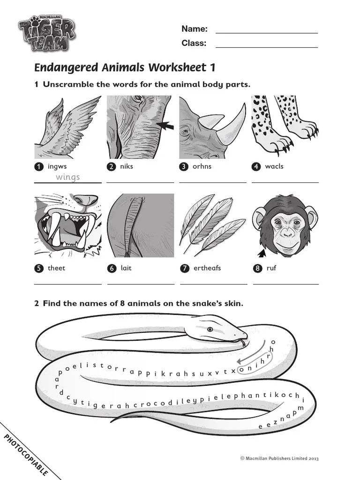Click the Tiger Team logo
46,33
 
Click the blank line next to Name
267,33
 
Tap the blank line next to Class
267,47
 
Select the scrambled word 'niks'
127,166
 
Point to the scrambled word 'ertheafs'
207,268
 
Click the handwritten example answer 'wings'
67,177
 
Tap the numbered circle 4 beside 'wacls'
256,166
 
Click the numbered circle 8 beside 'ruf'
257,269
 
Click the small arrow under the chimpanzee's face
262,253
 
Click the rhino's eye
185,132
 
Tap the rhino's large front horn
232,126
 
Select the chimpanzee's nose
287,234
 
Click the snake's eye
210,330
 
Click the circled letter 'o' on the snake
241,370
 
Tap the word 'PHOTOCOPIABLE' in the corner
26,455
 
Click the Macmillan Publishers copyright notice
279,458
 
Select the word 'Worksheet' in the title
177,67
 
